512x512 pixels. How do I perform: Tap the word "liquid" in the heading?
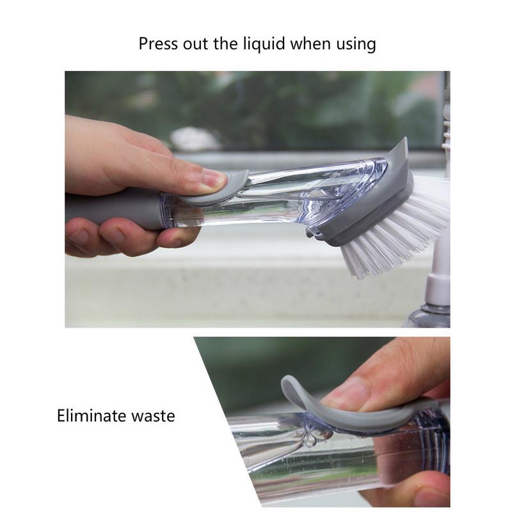[264, 44]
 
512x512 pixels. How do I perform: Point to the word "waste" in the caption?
[152, 416]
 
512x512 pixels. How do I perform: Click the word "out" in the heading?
[195, 44]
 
